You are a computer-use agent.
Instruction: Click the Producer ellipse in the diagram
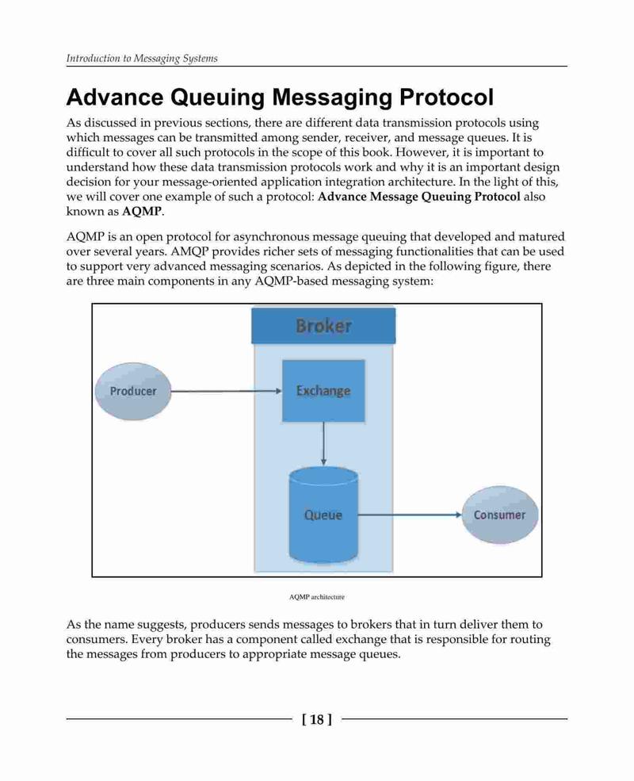pos(133,391)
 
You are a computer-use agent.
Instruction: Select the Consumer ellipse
pos(499,515)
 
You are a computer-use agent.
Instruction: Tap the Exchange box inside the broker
pos(323,391)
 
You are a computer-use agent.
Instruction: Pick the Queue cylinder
pos(323,515)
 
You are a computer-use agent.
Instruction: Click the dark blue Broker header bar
pos(323,326)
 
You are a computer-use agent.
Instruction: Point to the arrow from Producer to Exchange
pos(227,391)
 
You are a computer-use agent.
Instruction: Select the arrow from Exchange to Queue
pos(323,444)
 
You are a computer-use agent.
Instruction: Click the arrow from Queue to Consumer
pos(410,515)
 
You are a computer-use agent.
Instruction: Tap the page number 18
pos(316,719)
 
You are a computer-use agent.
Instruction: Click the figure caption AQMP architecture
pos(316,597)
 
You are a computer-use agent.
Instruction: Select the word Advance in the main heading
pos(114,97)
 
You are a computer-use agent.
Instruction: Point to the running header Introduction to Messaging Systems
pos(142,58)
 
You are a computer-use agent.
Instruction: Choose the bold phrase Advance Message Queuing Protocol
pos(419,197)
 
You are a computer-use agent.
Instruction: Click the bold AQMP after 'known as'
pos(142,211)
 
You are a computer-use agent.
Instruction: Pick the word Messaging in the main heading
pos(332,98)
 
